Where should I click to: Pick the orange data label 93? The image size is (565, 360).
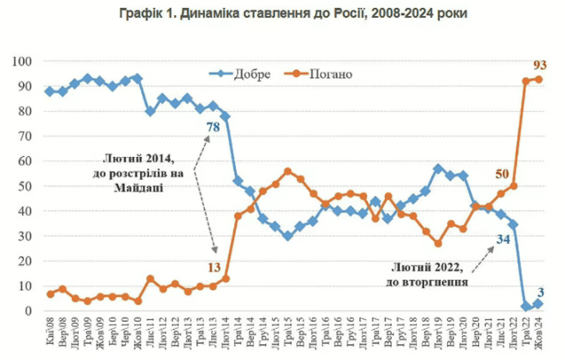click(x=540, y=65)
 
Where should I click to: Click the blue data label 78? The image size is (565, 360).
click(x=213, y=127)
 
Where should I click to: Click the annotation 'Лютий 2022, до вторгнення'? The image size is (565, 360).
click(x=426, y=274)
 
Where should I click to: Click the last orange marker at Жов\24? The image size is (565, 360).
click(x=538, y=79)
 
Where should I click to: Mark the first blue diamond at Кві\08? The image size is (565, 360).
click(x=50, y=91)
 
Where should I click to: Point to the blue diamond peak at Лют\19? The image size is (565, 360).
click(x=438, y=169)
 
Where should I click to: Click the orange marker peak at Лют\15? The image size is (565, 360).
click(x=288, y=172)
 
